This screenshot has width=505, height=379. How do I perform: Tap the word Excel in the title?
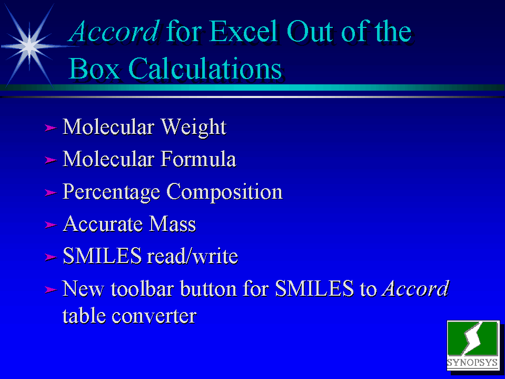[x=243, y=31]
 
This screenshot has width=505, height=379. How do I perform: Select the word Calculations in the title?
[x=205, y=69]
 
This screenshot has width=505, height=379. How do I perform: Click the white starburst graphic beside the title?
[x=29, y=46]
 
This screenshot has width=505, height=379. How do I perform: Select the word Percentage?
[x=111, y=192]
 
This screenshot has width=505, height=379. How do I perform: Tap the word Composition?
[x=224, y=192]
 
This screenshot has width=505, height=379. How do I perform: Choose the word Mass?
[x=173, y=224]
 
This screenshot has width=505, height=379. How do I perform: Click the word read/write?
[x=192, y=256]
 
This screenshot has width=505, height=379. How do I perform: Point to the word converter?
[x=154, y=316]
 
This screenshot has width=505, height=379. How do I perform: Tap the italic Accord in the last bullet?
[x=415, y=288]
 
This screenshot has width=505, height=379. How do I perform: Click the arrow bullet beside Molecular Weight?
[x=51, y=128]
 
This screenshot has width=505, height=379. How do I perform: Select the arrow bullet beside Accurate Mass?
[x=51, y=225]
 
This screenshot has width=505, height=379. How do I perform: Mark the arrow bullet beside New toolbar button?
[x=51, y=289]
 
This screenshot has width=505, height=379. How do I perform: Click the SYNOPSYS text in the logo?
[x=472, y=362]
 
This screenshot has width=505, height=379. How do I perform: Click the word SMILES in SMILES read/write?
[x=102, y=256]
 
